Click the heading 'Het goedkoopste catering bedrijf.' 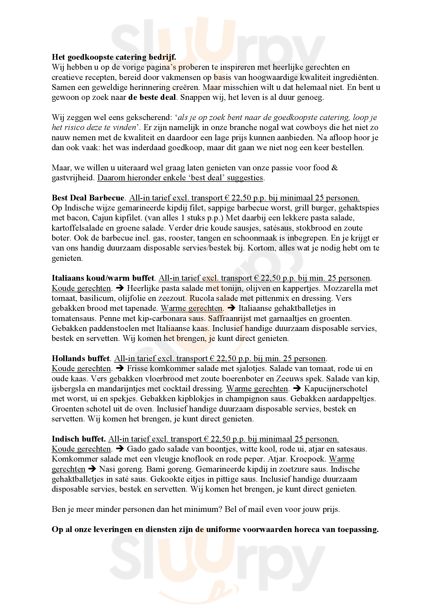point(114,57)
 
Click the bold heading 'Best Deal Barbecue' point(88,198)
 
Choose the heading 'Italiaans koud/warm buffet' point(103,278)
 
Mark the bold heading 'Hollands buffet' point(81,358)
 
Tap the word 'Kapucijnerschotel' point(336,389)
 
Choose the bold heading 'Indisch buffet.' point(79,439)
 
